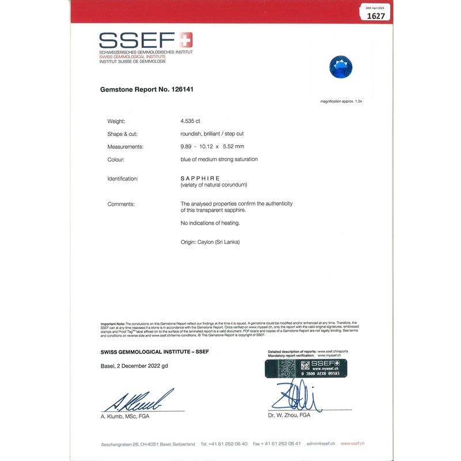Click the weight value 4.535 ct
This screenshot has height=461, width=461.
[x=190, y=122]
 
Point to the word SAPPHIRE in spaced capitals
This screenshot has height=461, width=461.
[x=200, y=179]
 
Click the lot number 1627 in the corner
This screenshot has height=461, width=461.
[x=376, y=16]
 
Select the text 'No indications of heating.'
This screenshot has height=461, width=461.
[x=209, y=222]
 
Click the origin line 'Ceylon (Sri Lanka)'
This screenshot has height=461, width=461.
[x=210, y=242]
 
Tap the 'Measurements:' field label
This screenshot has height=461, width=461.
[x=125, y=147]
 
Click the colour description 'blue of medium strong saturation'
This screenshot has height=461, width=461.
[x=219, y=159]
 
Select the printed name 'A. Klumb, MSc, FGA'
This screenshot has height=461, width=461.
[x=125, y=416]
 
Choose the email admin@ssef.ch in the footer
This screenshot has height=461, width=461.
[x=321, y=444]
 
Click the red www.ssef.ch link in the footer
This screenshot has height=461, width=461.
[x=353, y=444]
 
